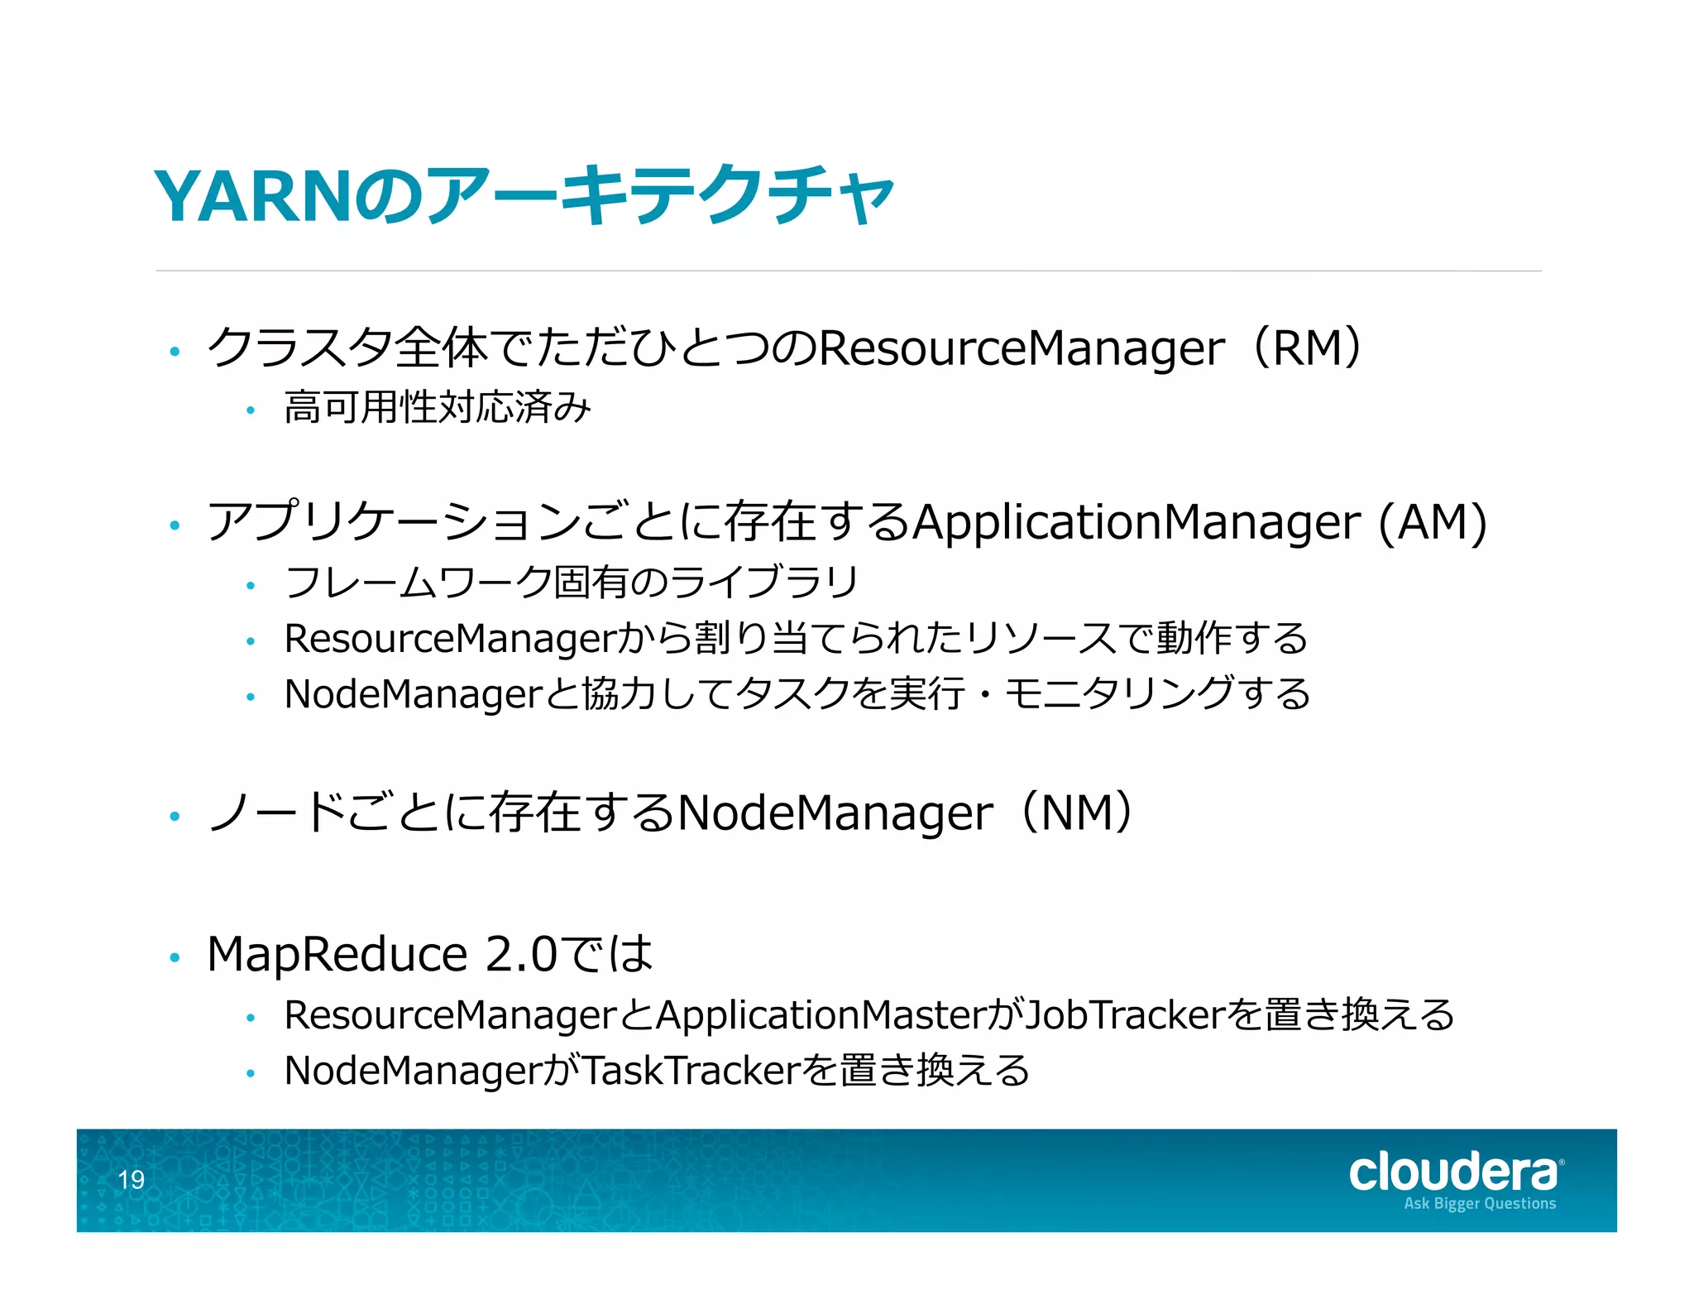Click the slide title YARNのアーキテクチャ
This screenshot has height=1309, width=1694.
click(524, 196)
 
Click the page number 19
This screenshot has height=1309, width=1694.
click(131, 1179)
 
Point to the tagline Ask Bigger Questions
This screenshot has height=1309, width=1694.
click(1479, 1204)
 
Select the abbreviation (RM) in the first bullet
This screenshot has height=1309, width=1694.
click(1308, 348)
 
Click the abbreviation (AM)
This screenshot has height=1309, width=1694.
click(1433, 522)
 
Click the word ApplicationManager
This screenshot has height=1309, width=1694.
click(1137, 522)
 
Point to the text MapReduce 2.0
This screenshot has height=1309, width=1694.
click(381, 954)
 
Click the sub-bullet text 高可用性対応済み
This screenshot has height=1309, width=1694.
click(438, 407)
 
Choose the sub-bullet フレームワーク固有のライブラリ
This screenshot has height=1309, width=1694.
click(572, 582)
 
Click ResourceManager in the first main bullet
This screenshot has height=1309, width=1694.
click(1021, 348)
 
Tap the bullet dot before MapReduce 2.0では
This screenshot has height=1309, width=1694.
click(175, 958)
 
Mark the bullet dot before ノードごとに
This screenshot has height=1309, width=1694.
click(175, 817)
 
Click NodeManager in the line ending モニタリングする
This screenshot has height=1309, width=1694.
click(413, 693)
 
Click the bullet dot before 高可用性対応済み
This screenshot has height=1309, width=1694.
click(251, 410)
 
